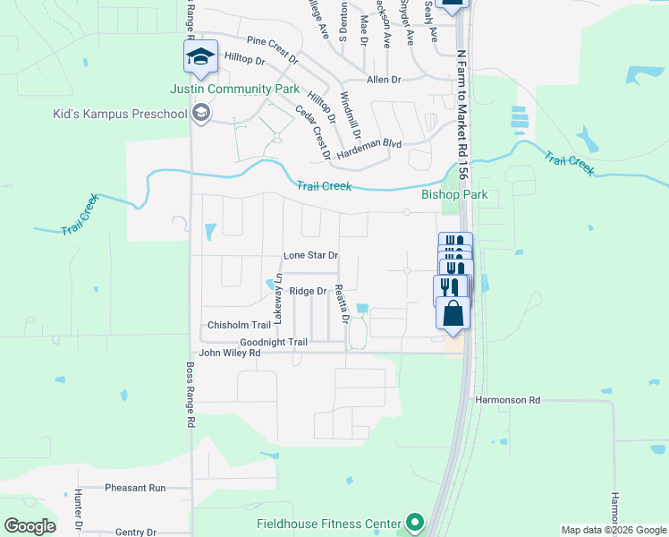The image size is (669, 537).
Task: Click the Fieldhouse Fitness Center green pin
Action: click(x=414, y=522)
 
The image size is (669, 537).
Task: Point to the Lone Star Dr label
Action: click(x=309, y=255)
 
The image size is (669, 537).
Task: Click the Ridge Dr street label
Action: click(x=307, y=291)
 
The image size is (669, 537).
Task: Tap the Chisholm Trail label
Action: click(x=239, y=325)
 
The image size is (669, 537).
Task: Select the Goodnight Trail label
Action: click(x=274, y=342)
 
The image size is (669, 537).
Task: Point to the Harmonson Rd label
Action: click(x=508, y=400)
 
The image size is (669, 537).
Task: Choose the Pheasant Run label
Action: click(x=135, y=488)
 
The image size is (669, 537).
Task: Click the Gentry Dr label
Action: click(x=136, y=532)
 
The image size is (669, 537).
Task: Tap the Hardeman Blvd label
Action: click(x=369, y=143)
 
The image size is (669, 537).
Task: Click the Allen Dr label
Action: click(x=383, y=80)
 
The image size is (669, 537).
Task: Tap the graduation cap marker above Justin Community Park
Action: click(x=200, y=57)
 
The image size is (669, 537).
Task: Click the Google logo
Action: click(x=30, y=526)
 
